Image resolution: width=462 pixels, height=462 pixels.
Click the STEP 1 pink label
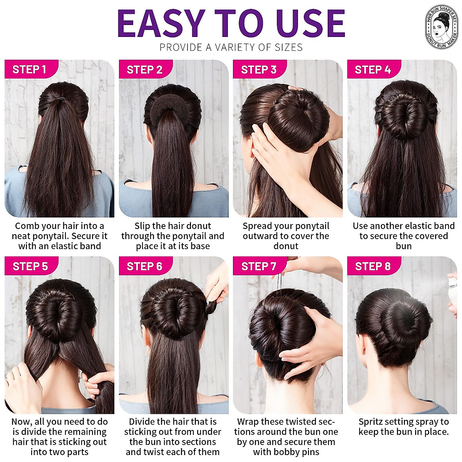[x=30, y=69]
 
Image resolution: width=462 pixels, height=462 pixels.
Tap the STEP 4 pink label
[x=372, y=69]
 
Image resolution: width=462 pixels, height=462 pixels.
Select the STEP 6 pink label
[x=144, y=266]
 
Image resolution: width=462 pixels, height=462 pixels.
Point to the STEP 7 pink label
[x=259, y=266]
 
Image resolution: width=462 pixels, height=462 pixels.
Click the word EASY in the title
[x=161, y=23]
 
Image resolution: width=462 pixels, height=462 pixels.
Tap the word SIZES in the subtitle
[x=289, y=47]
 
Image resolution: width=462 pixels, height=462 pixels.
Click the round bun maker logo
[x=442, y=27]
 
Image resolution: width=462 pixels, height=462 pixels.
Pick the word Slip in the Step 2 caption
[x=142, y=226]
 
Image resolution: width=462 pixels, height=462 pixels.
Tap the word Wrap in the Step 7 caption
[x=247, y=422]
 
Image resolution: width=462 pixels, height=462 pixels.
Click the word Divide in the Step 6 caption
[x=144, y=422]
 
